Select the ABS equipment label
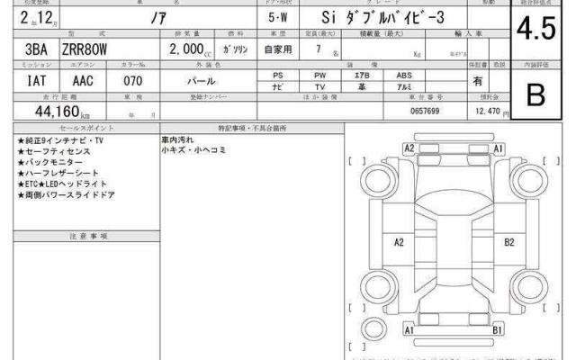(407, 76)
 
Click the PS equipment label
(278, 76)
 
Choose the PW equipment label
(320, 76)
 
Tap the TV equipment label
(320, 88)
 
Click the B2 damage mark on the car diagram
(509, 241)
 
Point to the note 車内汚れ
(177, 140)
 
